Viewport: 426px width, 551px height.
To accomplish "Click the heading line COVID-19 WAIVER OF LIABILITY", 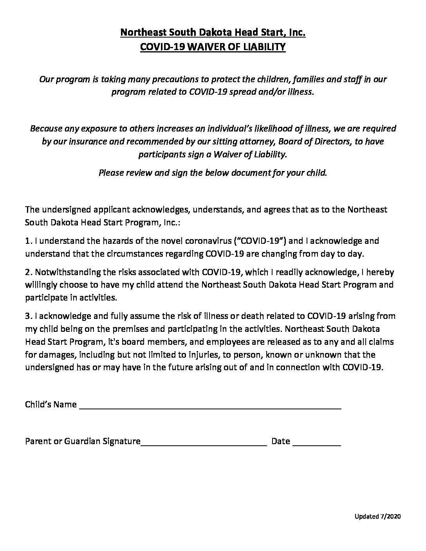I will [213, 47].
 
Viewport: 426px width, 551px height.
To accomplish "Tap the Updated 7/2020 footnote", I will [377, 516].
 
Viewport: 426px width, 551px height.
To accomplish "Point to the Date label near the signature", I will [280, 441].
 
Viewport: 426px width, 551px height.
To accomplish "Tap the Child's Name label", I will [51, 405].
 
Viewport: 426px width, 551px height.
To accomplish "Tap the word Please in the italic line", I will [111, 173].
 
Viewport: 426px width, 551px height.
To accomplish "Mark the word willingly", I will [41, 285].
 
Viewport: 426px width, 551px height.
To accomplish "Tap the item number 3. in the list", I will [28, 316].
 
